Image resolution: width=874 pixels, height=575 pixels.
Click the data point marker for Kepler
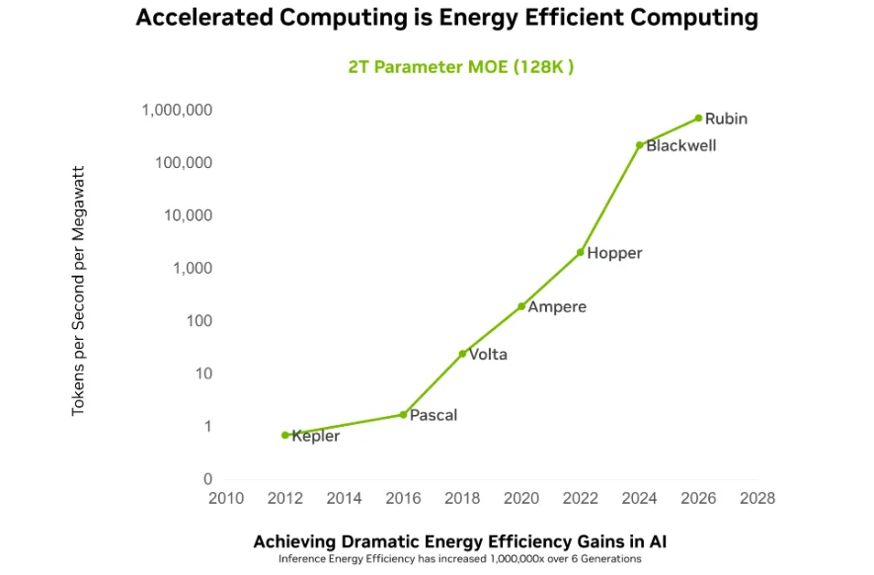click(x=285, y=435)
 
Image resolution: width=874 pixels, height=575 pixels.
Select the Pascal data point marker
click(x=403, y=414)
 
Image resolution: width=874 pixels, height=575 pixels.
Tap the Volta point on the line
click(x=462, y=354)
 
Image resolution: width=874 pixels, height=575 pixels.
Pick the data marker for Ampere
click(x=521, y=306)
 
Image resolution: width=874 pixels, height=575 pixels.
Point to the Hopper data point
click(x=581, y=252)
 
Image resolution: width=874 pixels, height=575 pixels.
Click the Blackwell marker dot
click(x=640, y=145)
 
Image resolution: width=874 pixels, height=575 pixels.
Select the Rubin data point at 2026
click(x=698, y=118)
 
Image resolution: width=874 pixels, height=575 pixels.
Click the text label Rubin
click(x=726, y=119)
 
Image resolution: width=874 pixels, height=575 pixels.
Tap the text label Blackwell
click(x=681, y=145)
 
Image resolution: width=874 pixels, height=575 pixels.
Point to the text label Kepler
click(x=316, y=436)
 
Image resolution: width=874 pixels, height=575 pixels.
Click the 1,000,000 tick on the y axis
click(x=177, y=110)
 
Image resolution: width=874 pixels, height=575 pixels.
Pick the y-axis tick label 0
click(x=207, y=479)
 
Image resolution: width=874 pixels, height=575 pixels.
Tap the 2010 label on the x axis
click(x=226, y=499)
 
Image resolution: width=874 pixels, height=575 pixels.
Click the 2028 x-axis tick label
click(x=756, y=499)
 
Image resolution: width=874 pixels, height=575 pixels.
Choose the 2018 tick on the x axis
click(x=462, y=499)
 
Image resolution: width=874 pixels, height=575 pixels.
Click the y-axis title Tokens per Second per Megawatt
click(x=79, y=291)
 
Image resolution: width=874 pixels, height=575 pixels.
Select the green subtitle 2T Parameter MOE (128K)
click(x=461, y=67)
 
